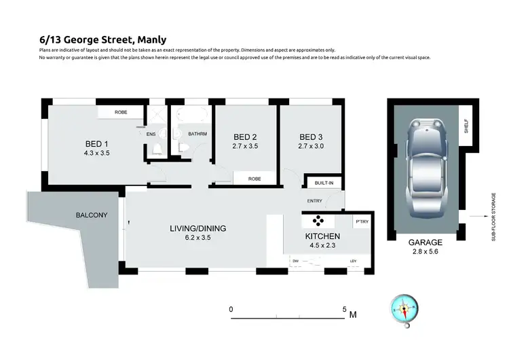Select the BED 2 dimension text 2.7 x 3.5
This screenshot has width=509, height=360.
[x=245, y=145]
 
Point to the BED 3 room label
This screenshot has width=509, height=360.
[x=309, y=135]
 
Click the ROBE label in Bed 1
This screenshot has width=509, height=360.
[x=121, y=111]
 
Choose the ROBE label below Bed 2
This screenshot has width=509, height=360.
[x=254, y=179]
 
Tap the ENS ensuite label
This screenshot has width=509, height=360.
[x=151, y=134]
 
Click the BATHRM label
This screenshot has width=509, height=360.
[x=197, y=134]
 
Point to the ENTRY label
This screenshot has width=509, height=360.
[x=314, y=201]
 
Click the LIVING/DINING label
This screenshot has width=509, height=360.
[x=197, y=228]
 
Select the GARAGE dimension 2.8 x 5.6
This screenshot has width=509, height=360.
[x=426, y=251]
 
